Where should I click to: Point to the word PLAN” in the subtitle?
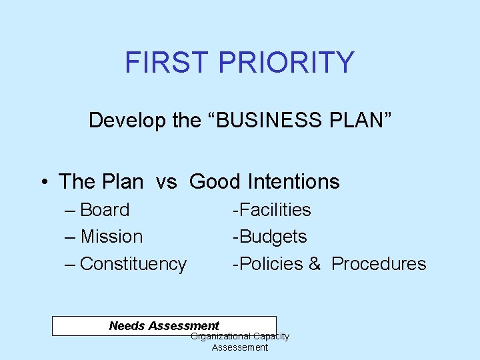point(360,121)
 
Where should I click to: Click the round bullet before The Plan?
point(43,182)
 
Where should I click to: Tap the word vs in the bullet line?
point(166,181)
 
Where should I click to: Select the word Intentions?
point(293,181)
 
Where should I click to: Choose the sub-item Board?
point(105,210)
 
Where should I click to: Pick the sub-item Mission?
point(111,237)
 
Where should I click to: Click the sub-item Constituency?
point(133,264)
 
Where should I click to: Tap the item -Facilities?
point(271,210)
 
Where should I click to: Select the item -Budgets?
point(269,237)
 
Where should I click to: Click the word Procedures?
point(379,264)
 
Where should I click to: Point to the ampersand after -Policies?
point(315,264)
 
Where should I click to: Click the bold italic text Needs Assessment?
point(164,326)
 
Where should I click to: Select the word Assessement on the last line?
point(240,347)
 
